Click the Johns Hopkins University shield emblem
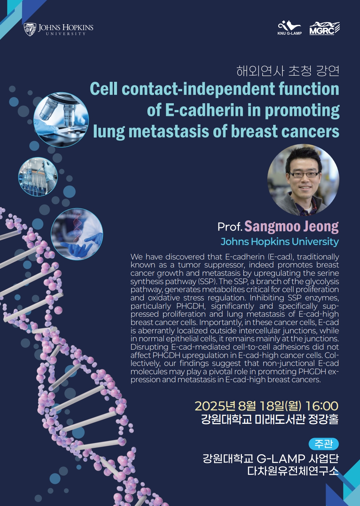point(30,29)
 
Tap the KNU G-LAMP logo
point(289,28)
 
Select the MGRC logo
point(325,29)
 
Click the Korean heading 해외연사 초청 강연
point(288,71)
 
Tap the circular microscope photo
point(61,119)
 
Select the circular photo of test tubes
point(38,177)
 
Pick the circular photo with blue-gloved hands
point(77,234)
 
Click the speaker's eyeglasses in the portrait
point(304,174)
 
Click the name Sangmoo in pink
point(272,227)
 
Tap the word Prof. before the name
point(230,227)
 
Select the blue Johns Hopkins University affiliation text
point(280,242)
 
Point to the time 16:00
point(322,406)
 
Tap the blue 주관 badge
point(324,444)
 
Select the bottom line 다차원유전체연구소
point(293,471)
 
